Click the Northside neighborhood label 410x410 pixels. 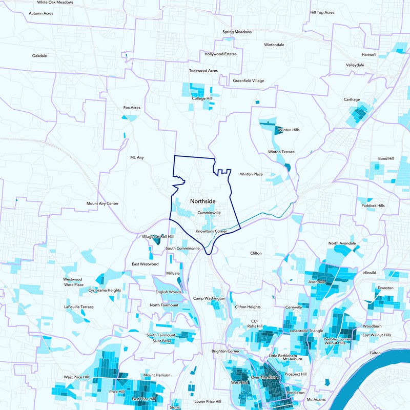(x=202, y=201)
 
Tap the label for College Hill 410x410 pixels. (x=202, y=98)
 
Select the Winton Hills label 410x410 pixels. (x=289, y=130)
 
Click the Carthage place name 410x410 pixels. (x=352, y=99)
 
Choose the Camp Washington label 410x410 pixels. (x=209, y=298)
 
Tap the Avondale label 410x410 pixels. (x=317, y=282)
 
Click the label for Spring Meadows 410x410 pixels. (x=237, y=32)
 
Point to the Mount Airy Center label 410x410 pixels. (x=102, y=203)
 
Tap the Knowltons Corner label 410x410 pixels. (x=211, y=231)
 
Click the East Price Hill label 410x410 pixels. (x=143, y=399)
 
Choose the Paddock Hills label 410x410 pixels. (x=373, y=206)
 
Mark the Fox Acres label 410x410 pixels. (x=132, y=108)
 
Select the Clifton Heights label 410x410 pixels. (x=248, y=307)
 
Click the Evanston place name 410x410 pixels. (x=385, y=288)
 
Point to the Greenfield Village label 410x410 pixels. (x=248, y=81)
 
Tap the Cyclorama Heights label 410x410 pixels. (x=105, y=290)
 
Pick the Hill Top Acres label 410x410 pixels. (x=322, y=12)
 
